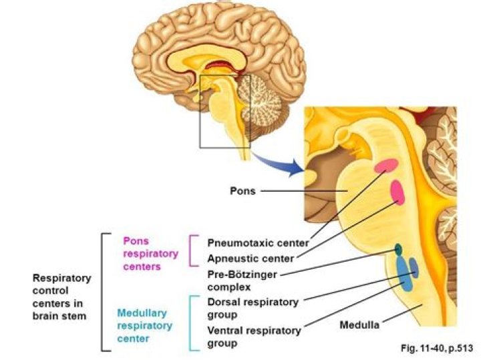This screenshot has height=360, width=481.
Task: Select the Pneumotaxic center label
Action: coord(258,243)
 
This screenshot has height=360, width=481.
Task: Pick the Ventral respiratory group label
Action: coord(255,337)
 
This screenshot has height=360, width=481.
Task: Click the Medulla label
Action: coord(359,325)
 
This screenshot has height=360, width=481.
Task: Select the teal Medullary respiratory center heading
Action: coord(144,325)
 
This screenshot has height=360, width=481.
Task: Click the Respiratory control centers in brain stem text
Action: coord(61,297)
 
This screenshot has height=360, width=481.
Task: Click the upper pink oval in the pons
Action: coord(385,164)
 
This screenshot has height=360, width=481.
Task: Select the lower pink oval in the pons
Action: coord(397,192)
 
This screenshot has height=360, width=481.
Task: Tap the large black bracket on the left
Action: coord(102,292)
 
